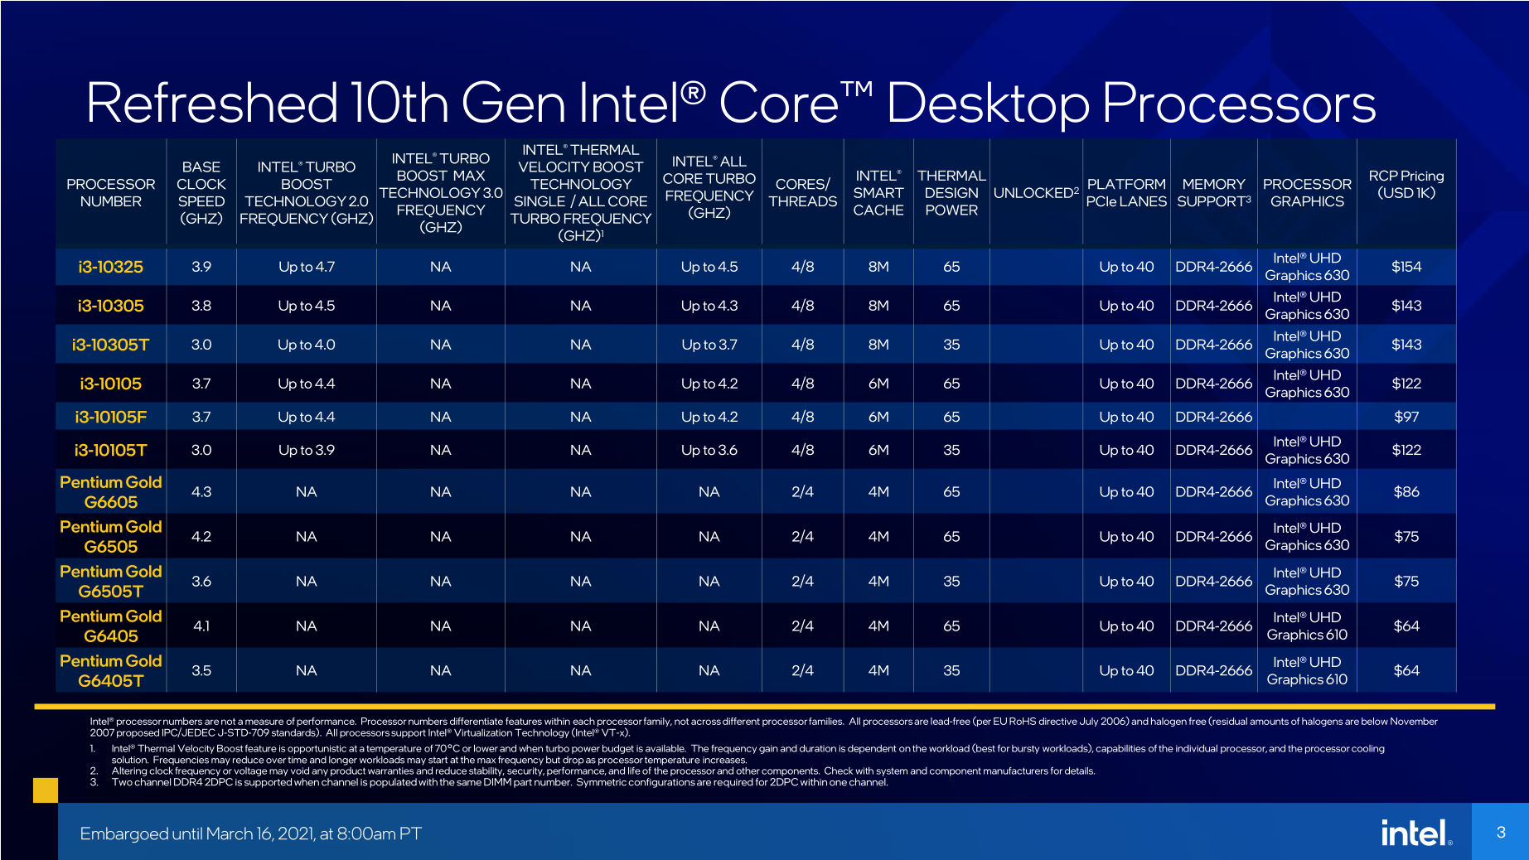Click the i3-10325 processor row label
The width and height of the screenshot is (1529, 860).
pos(110,267)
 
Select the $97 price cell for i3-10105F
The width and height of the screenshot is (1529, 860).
pos(1406,417)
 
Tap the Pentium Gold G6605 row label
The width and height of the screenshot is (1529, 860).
pos(110,492)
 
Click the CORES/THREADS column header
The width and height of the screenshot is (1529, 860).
pos(802,192)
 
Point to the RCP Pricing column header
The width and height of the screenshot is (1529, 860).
pos(1406,184)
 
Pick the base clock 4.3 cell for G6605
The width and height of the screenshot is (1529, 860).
pos(201,492)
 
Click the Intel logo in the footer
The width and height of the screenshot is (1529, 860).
pos(1415,833)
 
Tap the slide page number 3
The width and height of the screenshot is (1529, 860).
pos(1500,832)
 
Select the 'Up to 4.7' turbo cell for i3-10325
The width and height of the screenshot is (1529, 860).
pos(306,267)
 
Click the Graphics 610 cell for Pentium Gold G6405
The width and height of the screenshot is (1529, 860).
pos(1307,626)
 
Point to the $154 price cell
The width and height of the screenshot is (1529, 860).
pos(1406,267)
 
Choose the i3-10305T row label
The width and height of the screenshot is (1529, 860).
pos(110,345)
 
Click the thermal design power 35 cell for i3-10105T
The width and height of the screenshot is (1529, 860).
pos(951,450)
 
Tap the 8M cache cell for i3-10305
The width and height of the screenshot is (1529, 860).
pos(878,306)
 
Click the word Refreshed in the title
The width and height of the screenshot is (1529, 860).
pos(211,104)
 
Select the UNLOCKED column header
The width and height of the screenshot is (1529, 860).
pos(1035,193)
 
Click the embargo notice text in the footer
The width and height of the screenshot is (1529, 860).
pos(250,833)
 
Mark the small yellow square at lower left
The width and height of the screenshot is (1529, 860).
pos(46,790)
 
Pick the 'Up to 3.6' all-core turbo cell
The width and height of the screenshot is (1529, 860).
pos(709,450)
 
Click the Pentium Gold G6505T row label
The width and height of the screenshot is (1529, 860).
pos(110,582)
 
